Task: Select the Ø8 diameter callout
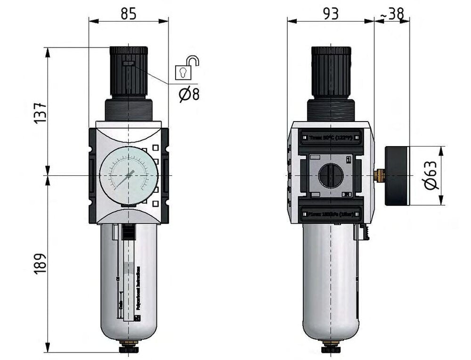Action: click(189, 94)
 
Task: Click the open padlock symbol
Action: click(186, 69)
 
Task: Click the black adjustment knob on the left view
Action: click(129, 71)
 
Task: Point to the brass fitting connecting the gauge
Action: click(379, 176)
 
